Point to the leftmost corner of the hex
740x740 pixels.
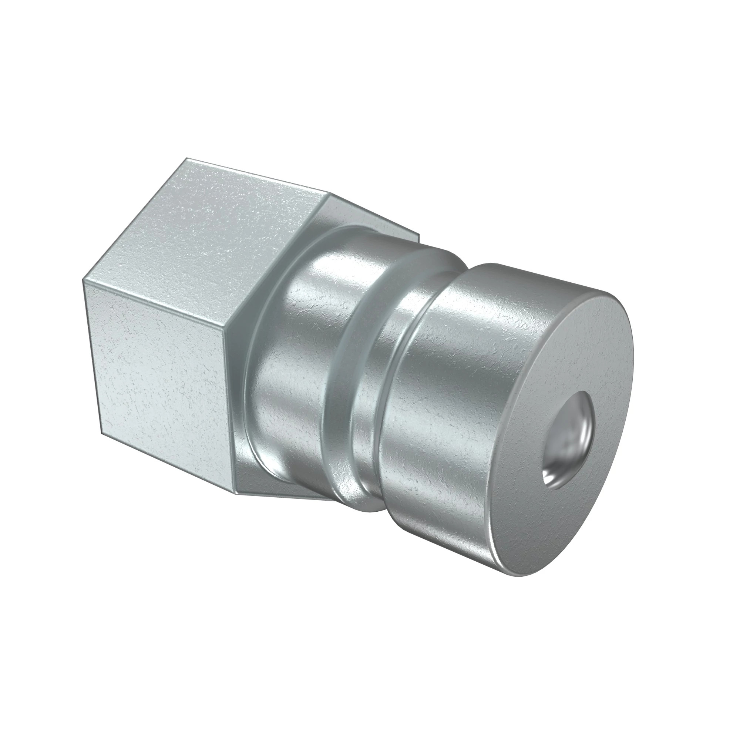click(x=83, y=279)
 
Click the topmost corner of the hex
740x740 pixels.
click(x=186, y=158)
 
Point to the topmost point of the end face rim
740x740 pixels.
click(x=494, y=263)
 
